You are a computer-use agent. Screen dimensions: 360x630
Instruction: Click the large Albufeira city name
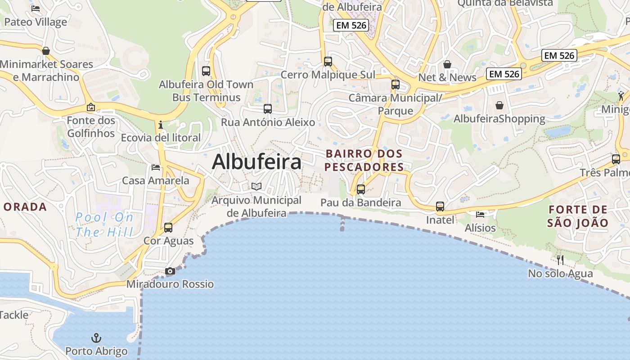click(x=256, y=162)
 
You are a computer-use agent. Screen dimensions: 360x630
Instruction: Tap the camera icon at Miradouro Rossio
click(x=170, y=271)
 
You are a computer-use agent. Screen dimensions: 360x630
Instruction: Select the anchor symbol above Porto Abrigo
click(x=96, y=337)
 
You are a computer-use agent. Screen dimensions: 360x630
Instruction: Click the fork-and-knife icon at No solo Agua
click(x=560, y=260)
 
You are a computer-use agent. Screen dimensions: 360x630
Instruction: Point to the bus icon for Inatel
click(x=440, y=207)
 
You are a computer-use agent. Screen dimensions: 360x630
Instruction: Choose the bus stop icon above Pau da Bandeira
click(x=361, y=189)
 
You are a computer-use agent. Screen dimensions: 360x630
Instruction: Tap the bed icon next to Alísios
click(x=480, y=214)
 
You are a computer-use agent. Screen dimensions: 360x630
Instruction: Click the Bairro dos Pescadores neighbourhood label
click(x=364, y=160)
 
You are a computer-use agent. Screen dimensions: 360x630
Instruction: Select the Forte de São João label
click(x=578, y=216)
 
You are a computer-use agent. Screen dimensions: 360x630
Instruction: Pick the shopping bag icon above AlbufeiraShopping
click(x=499, y=105)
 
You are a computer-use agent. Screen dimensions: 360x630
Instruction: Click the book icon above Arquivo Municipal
click(x=256, y=186)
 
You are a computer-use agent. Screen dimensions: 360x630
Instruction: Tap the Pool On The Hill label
click(x=104, y=225)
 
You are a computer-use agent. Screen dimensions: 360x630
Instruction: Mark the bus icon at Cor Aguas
click(x=168, y=227)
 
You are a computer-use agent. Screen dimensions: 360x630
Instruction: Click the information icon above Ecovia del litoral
click(x=161, y=124)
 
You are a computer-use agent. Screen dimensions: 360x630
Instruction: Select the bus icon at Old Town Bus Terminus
click(x=206, y=71)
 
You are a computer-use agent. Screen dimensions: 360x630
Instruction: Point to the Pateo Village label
click(x=36, y=22)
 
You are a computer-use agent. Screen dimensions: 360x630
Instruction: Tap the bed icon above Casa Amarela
click(x=156, y=167)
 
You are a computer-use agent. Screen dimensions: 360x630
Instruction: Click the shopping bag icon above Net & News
click(x=447, y=64)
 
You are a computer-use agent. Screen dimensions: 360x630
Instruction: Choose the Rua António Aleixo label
click(x=268, y=122)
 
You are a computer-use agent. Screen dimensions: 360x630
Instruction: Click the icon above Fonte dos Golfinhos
click(x=91, y=107)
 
